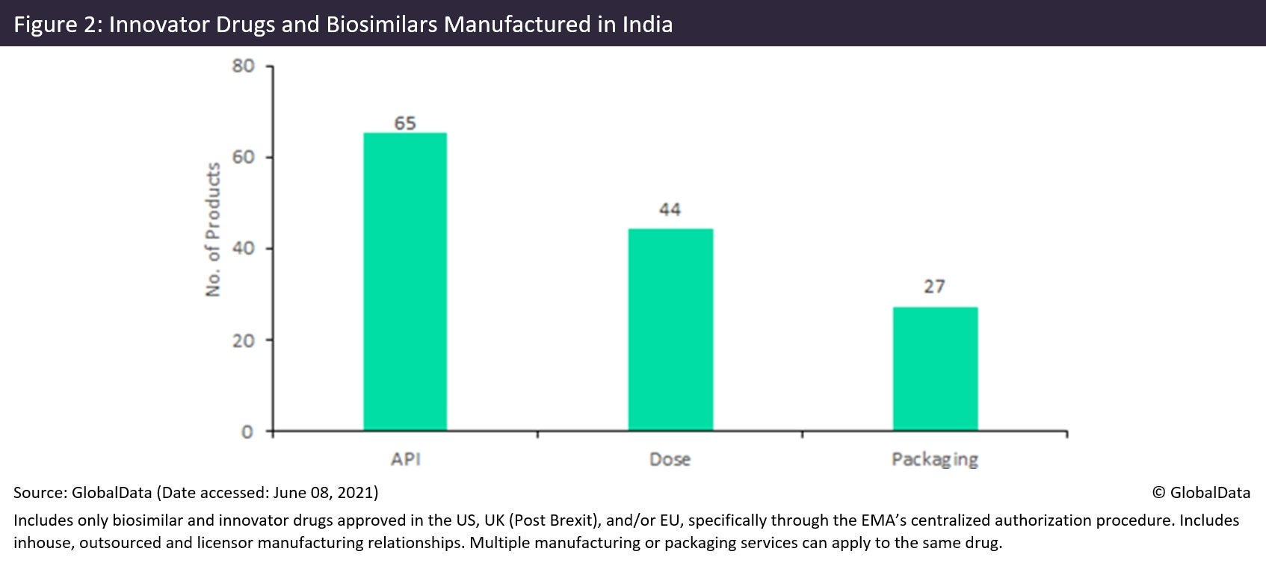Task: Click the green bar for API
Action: (x=405, y=282)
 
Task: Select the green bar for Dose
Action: (x=670, y=329)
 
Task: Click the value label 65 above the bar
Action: (x=405, y=123)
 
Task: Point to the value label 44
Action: (x=670, y=210)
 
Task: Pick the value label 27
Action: (x=934, y=287)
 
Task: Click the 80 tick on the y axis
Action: (x=244, y=66)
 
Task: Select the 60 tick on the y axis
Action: (x=244, y=158)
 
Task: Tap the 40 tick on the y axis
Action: (x=244, y=249)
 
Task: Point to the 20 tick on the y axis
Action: (x=244, y=340)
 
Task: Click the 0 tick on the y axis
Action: (x=248, y=432)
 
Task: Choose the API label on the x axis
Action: (x=405, y=458)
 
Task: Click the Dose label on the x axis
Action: (x=670, y=459)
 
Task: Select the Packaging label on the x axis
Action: (x=934, y=459)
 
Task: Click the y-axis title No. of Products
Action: (x=214, y=230)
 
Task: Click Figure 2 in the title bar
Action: (x=56, y=25)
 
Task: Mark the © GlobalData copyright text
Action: (x=1201, y=492)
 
